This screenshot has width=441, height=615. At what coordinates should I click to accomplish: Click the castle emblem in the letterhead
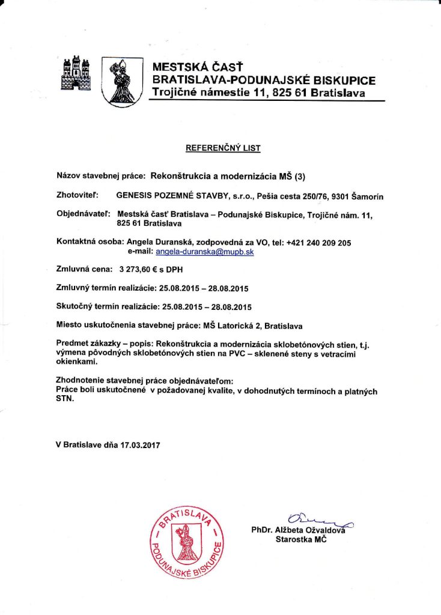point(76,73)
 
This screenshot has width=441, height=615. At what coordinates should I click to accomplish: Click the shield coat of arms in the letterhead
point(122,82)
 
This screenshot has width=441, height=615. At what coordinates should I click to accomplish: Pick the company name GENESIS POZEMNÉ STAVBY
point(173,196)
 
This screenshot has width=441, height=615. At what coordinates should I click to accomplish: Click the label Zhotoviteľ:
point(78,196)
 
